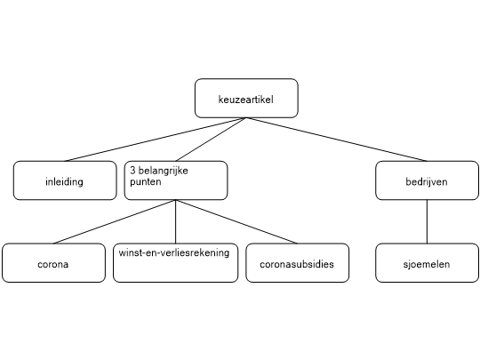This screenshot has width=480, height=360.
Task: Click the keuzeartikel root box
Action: [246, 99]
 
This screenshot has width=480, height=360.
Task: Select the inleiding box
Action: [65, 180]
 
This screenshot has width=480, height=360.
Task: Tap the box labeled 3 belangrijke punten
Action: [176, 180]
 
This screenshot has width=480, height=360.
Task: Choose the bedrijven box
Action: [427, 180]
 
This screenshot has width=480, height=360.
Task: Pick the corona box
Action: [53, 263]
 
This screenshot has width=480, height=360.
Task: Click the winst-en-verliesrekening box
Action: [176, 263]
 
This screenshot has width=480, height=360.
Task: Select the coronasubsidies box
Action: [297, 263]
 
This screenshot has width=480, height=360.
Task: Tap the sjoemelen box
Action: [427, 263]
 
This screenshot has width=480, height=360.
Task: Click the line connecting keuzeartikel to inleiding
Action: [156, 140]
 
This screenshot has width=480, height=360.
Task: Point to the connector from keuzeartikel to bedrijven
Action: [337, 140]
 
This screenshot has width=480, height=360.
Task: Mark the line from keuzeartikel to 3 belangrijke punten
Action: [212, 140]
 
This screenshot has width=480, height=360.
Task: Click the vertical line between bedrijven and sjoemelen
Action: [427, 221]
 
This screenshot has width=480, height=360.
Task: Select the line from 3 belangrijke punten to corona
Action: [115, 221]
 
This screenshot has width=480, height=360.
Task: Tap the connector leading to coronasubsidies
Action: [236, 221]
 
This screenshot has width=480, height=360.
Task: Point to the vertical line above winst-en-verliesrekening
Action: [176, 221]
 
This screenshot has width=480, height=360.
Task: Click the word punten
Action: [146, 182]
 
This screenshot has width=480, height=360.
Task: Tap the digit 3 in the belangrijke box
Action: [132, 170]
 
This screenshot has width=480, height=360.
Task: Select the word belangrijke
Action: [164, 171]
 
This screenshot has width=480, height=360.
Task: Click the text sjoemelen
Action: [427, 264]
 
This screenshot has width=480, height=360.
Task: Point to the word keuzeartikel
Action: [246, 100]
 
